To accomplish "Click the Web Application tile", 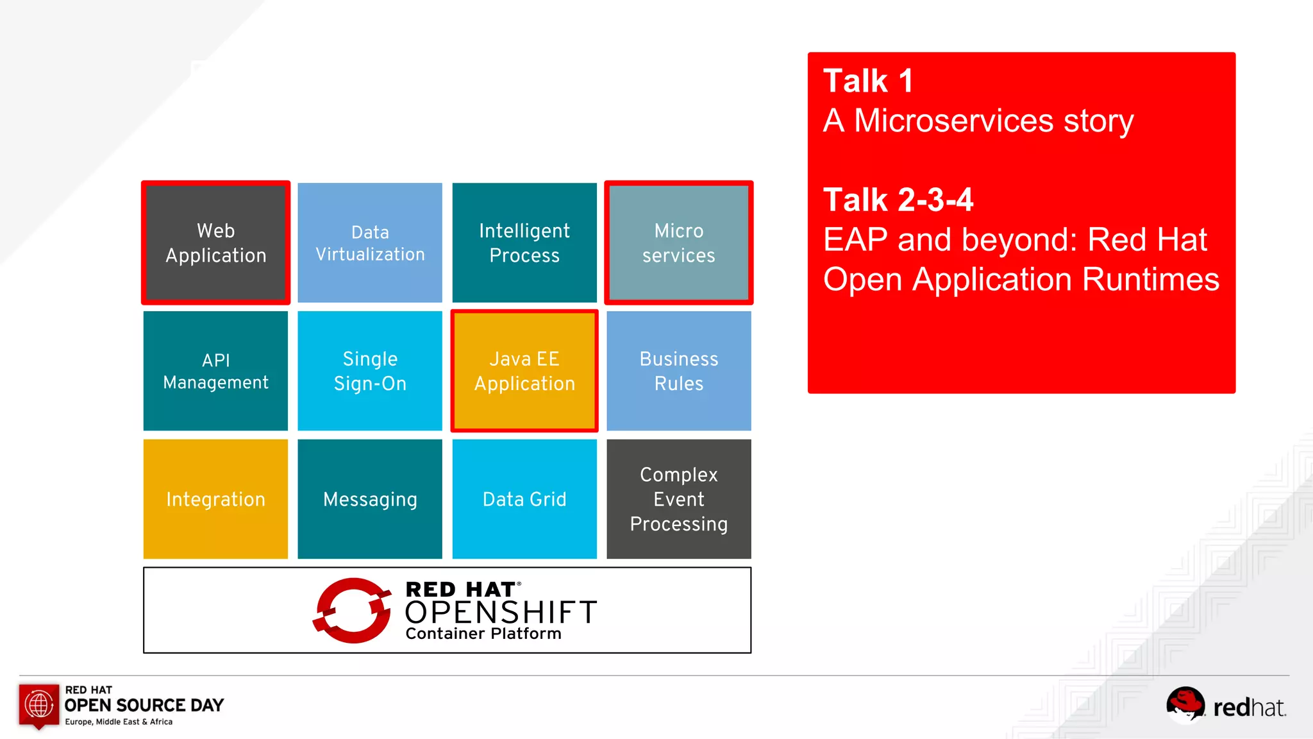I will (x=215, y=242).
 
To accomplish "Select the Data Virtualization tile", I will (x=370, y=242).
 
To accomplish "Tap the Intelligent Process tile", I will (x=524, y=242).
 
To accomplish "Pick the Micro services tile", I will (x=678, y=242).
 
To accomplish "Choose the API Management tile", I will (x=215, y=371).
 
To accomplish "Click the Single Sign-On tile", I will (x=370, y=371).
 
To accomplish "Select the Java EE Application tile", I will (x=524, y=371).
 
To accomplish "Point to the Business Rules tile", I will (x=678, y=371).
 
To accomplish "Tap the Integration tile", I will (x=215, y=499).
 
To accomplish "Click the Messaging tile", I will (x=370, y=499).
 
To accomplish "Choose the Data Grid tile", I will (x=524, y=499).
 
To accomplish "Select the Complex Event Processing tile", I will (x=678, y=499).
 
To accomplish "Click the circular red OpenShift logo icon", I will (x=353, y=610).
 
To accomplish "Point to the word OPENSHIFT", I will (x=501, y=613).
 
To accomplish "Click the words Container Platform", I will (x=483, y=634).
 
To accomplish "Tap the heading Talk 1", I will (x=867, y=81).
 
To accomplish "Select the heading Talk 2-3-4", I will (x=898, y=200).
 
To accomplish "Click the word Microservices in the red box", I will (x=953, y=121).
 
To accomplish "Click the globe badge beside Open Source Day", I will (x=39, y=705).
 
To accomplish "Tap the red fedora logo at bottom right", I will (x=1185, y=704).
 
